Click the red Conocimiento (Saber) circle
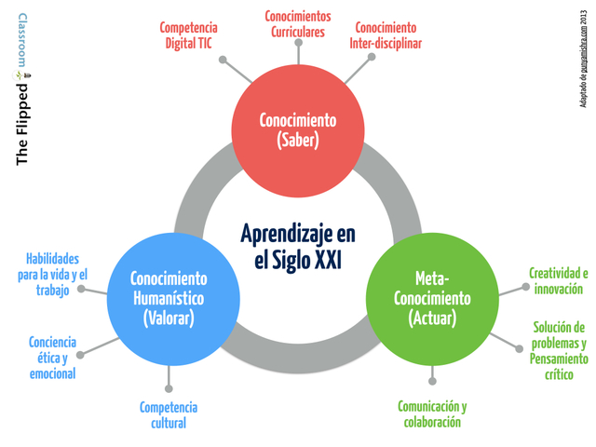click(x=298, y=130)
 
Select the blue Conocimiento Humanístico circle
click(x=169, y=298)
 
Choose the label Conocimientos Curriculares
click(x=298, y=23)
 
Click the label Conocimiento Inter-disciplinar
click(x=385, y=34)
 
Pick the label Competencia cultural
click(x=169, y=414)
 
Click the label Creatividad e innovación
click(x=559, y=281)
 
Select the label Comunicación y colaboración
click(x=432, y=414)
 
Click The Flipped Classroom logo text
click(x=22, y=88)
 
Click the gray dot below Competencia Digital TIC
click(x=223, y=60)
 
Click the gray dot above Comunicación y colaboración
click(x=432, y=381)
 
